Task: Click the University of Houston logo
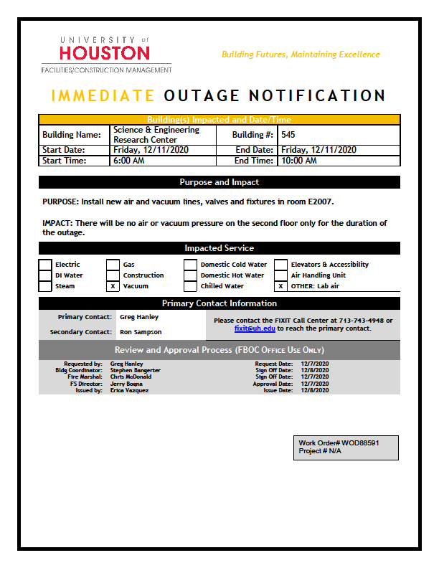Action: coord(105,54)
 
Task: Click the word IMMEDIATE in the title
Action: coord(103,96)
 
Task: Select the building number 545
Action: coord(288,135)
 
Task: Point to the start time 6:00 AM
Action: coord(130,161)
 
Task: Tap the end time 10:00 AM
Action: coord(299,161)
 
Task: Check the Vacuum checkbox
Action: coord(113,286)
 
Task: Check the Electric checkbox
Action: coord(45,265)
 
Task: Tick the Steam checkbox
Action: coord(45,286)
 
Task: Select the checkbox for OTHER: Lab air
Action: coord(280,286)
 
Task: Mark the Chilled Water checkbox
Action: coord(190,286)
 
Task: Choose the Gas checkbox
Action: coord(113,265)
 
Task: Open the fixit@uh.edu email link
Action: coord(255,328)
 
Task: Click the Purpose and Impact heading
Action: coord(219,182)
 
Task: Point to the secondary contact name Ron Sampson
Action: coord(141,332)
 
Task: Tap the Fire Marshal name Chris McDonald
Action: coord(131,377)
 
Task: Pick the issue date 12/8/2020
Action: coord(315,390)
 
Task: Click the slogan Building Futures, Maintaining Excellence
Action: coord(301,55)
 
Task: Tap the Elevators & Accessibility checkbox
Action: coord(280,265)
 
